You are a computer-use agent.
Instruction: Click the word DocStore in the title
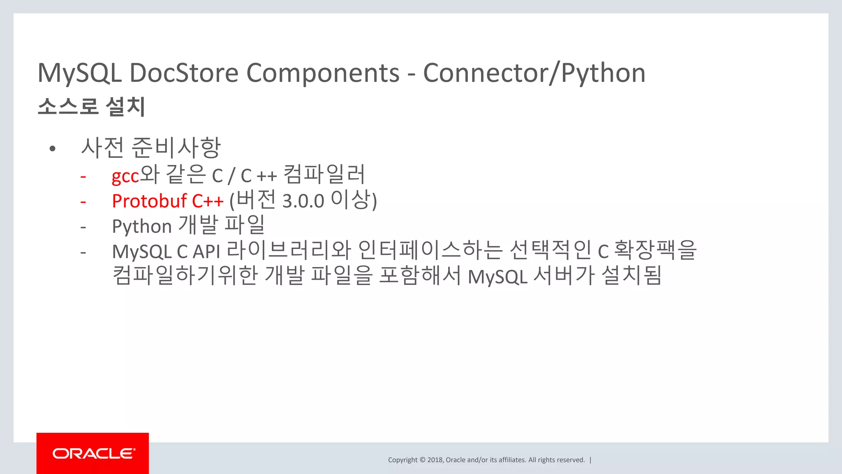click(184, 73)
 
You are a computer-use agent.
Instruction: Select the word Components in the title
click(323, 73)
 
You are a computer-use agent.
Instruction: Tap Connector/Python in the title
click(534, 73)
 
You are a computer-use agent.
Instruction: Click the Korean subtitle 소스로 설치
click(91, 107)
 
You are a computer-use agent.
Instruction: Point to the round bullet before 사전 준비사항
click(52, 149)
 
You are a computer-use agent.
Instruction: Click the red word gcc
click(125, 177)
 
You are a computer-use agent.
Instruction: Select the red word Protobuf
click(149, 201)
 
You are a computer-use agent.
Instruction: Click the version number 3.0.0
click(303, 202)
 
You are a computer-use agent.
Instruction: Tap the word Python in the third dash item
click(141, 227)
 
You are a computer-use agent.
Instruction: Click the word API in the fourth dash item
click(206, 252)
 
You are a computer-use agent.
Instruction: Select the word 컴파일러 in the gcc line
click(324, 174)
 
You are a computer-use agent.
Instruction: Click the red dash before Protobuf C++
click(83, 202)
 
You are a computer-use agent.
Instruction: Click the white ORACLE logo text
click(94, 453)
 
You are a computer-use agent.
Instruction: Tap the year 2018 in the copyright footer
click(435, 460)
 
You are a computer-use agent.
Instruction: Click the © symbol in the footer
click(422, 460)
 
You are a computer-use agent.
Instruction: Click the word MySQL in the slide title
click(80, 73)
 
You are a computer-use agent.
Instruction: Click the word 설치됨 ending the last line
click(631, 276)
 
